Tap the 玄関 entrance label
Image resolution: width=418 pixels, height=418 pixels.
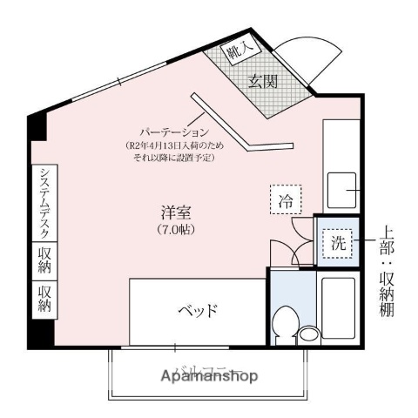pos(265,84)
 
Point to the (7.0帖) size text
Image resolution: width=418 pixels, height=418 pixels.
pos(174,230)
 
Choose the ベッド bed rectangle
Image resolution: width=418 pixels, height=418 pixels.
pos(197,311)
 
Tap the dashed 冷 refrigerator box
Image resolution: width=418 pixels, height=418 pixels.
pos(285,199)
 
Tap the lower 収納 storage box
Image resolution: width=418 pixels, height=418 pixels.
pos(44,300)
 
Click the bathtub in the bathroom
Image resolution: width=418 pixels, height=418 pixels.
pos(338,309)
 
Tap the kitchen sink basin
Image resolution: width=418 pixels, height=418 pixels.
pos(342,190)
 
